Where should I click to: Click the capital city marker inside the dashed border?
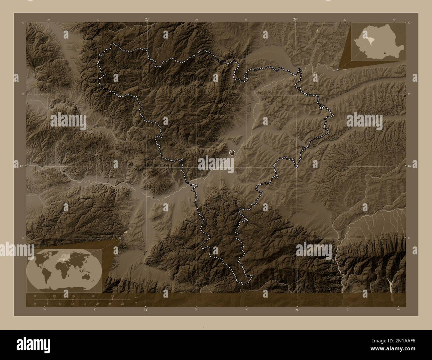point(232,153)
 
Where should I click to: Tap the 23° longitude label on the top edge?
point(147,19)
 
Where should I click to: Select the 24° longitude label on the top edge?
point(295,19)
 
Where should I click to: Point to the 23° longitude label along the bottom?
point(145,310)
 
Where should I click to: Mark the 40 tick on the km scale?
point(113,296)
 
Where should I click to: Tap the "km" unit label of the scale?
point(136,297)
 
